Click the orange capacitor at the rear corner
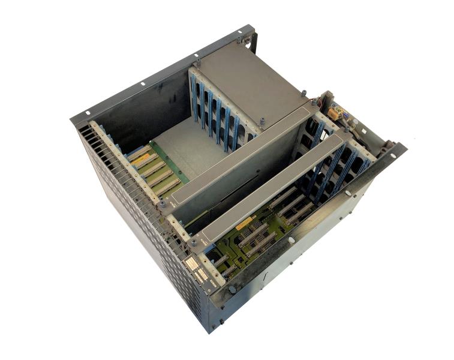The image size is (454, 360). tap(332, 112)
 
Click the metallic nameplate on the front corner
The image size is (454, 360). tap(193, 265)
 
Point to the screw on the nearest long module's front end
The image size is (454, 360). tap(193, 242)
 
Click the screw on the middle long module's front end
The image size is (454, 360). tap(161, 205)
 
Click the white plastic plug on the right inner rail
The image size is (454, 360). tap(348, 193)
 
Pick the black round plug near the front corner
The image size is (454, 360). tap(232, 290)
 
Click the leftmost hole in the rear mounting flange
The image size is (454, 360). tap(88, 112)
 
